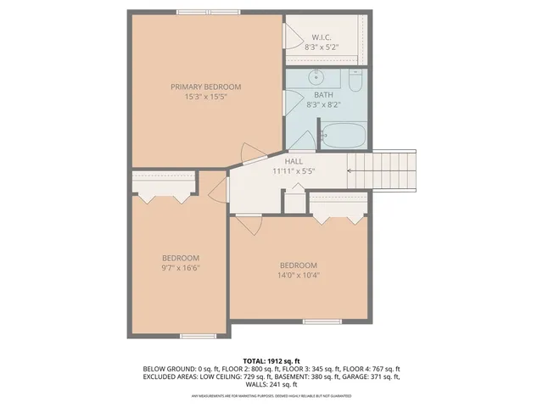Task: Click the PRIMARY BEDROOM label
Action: [205, 86]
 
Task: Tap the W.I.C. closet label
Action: [321, 36]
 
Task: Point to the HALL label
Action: [294, 160]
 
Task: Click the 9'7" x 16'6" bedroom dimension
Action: [181, 269]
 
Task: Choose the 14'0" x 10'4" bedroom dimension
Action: [298, 274]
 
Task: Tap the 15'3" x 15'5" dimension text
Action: [205, 98]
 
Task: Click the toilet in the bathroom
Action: [355, 80]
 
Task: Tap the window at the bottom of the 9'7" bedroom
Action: [192, 336]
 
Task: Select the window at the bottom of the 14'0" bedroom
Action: [322, 321]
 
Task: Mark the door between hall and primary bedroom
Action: [249, 153]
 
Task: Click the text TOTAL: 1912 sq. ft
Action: [271, 361]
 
